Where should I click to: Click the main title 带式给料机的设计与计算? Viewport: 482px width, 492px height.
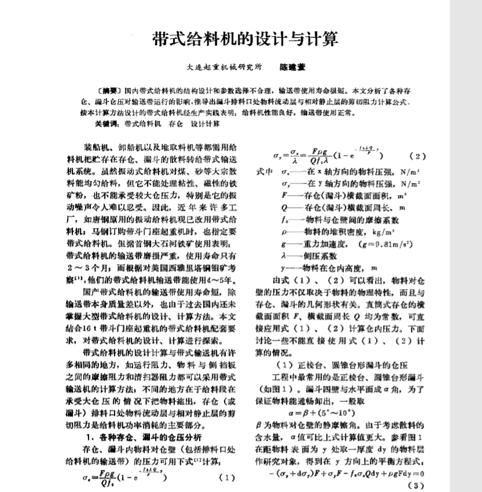tap(245, 39)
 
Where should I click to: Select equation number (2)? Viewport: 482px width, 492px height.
tap(417, 156)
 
